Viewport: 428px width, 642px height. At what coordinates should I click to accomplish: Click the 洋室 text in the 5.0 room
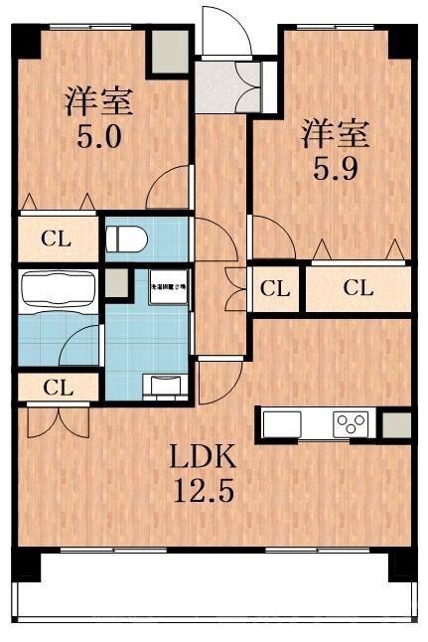tap(98, 100)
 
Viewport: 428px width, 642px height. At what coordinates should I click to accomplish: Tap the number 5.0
tap(99, 134)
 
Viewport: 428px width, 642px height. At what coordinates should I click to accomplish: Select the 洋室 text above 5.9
tap(337, 131)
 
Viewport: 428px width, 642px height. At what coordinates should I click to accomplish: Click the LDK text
tap(203, 458)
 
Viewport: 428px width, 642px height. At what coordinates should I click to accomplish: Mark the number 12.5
tap(203, 492)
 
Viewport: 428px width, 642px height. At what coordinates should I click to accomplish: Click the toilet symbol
tap(127, 240)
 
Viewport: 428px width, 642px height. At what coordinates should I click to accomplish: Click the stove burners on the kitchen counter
tap(350, 423)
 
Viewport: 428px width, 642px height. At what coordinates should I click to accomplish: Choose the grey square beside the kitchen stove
tap(396, 424)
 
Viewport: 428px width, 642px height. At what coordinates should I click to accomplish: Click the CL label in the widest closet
tap(357, 289)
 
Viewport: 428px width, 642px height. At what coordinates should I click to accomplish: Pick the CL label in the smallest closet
tap(275, 289)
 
